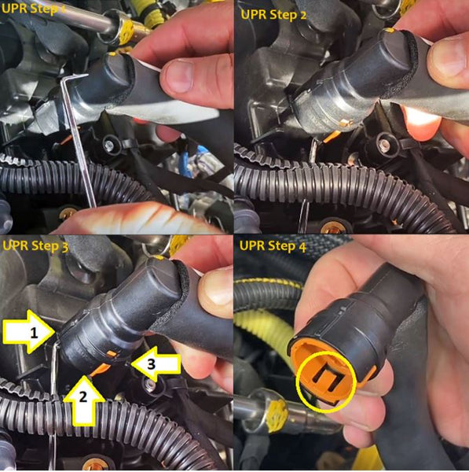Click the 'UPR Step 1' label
[x=33, y=9]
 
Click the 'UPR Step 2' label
[x=273, y=14]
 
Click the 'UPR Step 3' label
[x=35, y=246]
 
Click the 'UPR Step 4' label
[x=273, y=246]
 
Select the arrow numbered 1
[x=29, y=332]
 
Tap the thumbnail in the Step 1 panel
[x=178, y=75]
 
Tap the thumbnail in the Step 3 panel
[x=216, y=286]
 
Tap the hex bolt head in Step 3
[x=149, y=385]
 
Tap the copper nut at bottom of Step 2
[x=332, y=227]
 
